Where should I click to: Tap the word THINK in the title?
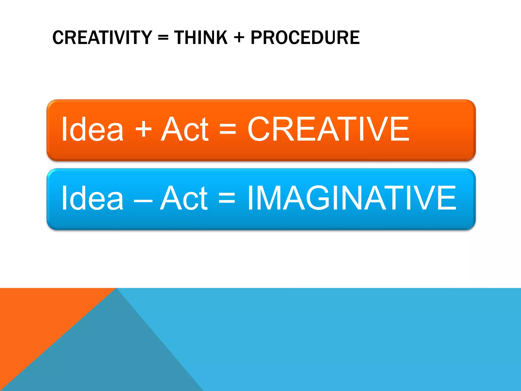tap(201, 38)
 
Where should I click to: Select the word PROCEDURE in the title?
tap(305, 38)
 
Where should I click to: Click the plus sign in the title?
tap(239, 38)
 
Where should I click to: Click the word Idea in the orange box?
tap(92, 129)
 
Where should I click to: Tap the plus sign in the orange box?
tap(143, 129)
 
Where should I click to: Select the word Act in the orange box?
tap(185, 129)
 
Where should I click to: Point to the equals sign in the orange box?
tap(228, 129)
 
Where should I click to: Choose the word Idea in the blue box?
tap(92, 198)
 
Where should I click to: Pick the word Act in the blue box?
tap(184, 198)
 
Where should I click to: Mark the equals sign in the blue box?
tap(227, 198)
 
